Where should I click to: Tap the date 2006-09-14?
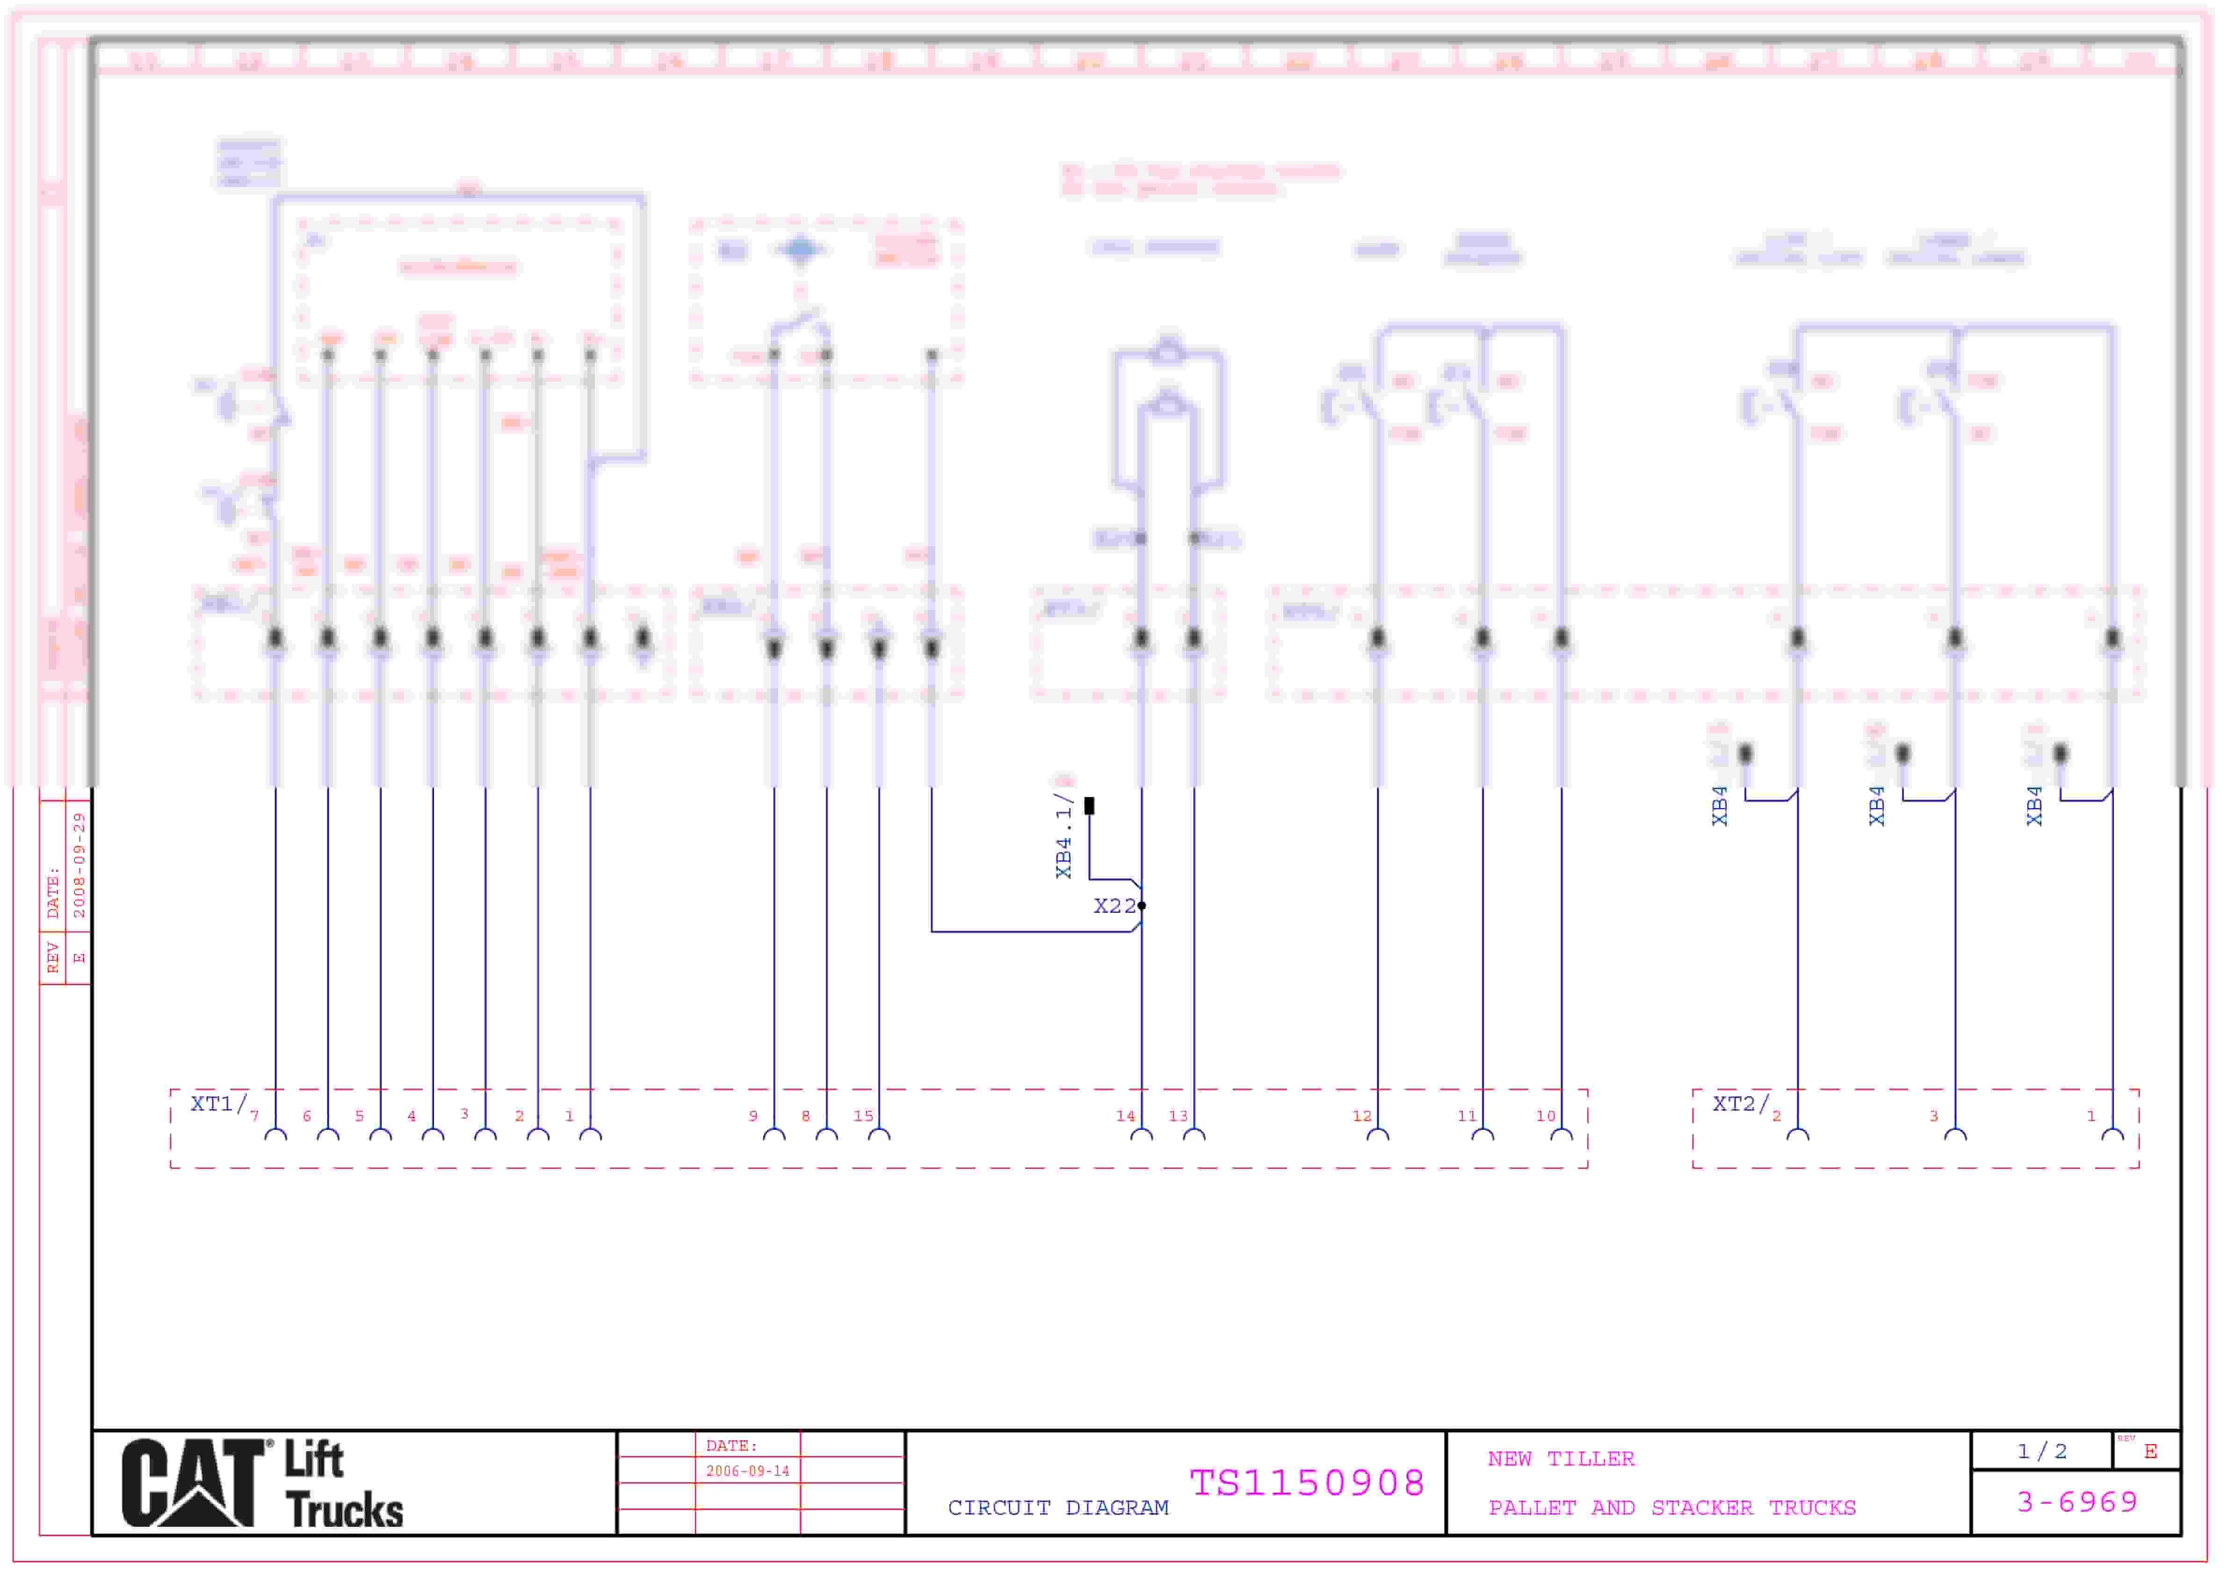point(747,1471)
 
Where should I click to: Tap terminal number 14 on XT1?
point(1125,1116)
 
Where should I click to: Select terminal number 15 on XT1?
point(863,1116)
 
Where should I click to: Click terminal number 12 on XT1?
point(1361,1116)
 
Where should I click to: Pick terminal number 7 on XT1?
point(254,1116)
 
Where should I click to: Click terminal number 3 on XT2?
point(1933,1116)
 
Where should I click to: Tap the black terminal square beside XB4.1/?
point(1089,805)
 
